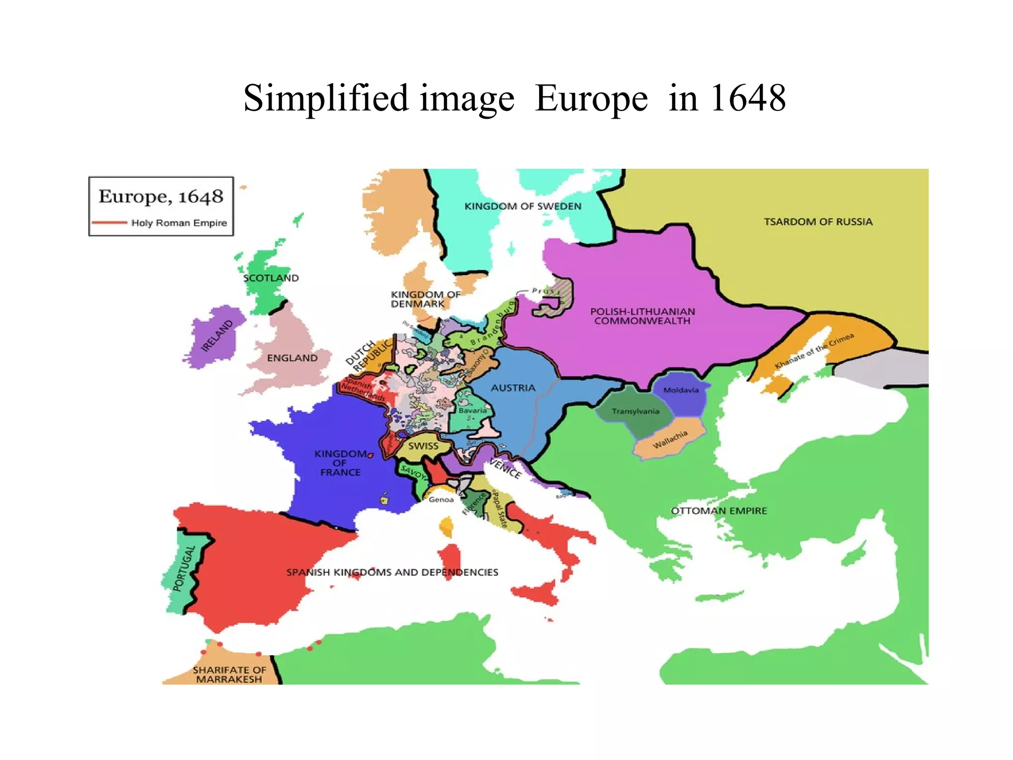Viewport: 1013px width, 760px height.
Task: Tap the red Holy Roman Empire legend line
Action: tap(109, 223)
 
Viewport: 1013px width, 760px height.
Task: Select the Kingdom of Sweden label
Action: tap(522, 206)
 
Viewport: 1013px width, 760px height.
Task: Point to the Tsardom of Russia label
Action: tap(818, 222)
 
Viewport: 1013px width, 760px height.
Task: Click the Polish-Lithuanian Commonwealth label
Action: tap(642, 316)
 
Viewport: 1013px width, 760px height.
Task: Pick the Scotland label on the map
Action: tap(271, 278)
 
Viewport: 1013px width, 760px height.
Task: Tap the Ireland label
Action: tap(217, 336)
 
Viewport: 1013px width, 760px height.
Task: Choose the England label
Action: tap(292, 358)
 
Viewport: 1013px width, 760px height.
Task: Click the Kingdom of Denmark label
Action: tap(425, 299)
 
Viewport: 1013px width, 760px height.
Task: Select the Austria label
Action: tap(513, 388)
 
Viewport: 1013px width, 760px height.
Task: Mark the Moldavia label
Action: tap(681, 390)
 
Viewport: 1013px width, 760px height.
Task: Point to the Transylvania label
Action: tap(635, 411)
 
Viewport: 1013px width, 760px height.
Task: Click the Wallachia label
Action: tap(670, 439)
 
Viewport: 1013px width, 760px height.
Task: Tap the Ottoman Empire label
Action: tap(719, 511)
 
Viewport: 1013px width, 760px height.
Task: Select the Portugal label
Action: tap(184, 569)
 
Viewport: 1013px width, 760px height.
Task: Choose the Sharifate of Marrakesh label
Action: tap(229, 674)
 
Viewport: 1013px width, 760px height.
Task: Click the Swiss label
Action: tap(423, 446)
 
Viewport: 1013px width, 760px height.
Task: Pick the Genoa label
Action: tap(441, 500)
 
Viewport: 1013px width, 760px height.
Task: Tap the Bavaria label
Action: tap(472, 410)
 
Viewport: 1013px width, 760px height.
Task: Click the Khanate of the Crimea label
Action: tap(814, 351)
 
